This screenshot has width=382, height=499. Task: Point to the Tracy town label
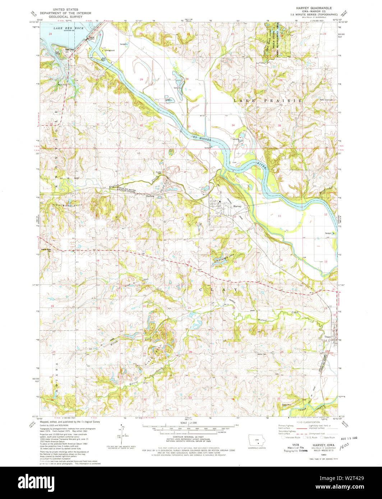(x=327, y=337)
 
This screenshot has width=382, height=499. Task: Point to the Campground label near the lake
(x=110, y=51)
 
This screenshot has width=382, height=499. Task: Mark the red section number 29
(x=141, y=79)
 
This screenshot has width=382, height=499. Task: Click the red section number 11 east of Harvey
(x=279, y=215)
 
